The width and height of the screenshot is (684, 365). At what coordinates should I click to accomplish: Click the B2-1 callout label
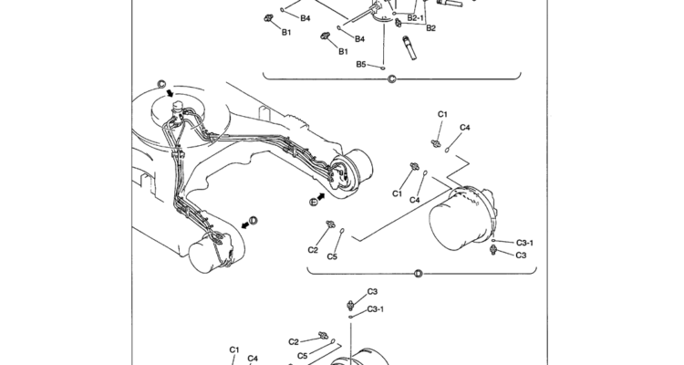[x=417, y=18]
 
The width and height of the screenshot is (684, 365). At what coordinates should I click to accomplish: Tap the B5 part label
[x=361, y=65]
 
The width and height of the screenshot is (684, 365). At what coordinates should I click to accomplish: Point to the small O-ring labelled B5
[x=384, y=67]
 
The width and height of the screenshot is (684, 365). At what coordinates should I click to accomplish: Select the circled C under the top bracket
[x=392, y=80]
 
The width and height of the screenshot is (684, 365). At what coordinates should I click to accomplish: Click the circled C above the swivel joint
[x=161, y=85]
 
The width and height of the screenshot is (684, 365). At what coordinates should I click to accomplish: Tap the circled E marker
[x=313, y=200]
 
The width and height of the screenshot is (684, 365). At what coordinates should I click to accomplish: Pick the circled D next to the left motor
[x=253, y=220]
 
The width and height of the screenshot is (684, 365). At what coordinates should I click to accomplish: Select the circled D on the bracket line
[x=418, y=273]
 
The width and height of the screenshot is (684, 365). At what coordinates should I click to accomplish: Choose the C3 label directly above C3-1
[x=372, y=292]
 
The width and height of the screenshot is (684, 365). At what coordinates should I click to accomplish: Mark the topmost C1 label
[x=442, y=114]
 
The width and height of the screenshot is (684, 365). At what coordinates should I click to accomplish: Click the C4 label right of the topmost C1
[x=465, y=127]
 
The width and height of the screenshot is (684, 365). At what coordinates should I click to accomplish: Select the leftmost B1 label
[x=285, y=32]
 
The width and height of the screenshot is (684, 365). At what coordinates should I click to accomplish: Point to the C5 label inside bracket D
[x=332, y=256]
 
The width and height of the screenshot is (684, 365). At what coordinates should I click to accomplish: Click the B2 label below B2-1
[x=431, y=28]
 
